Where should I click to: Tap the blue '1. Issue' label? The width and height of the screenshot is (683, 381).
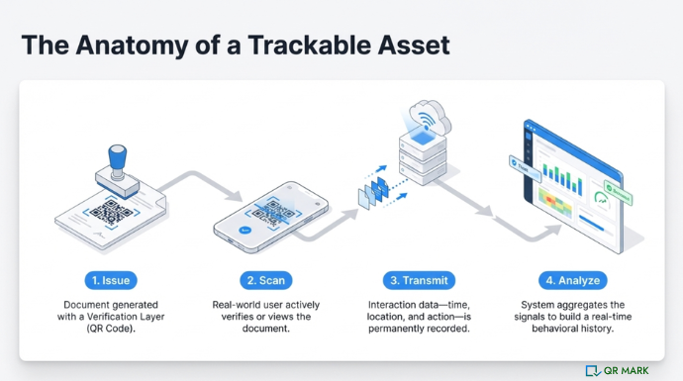110,280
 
